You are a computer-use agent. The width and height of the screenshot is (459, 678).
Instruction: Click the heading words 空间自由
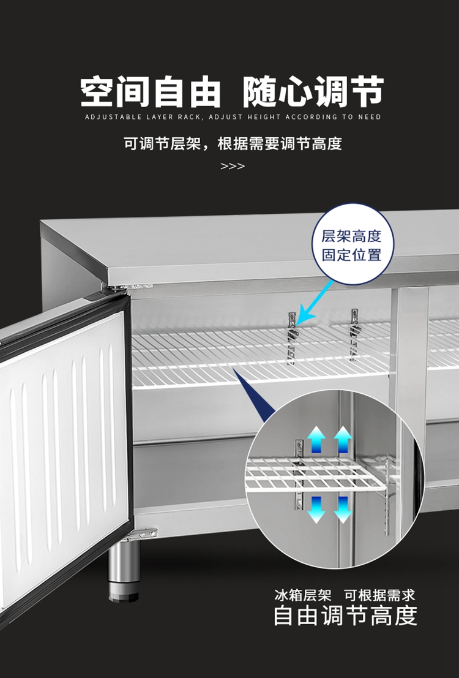click(x=151, y=92)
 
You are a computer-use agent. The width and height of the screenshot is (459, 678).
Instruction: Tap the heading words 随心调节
click(x=313, y=92)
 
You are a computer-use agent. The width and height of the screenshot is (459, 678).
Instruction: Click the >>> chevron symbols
click(x=232, y=167)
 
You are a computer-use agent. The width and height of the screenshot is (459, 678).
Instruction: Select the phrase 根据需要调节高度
click(x=279, y=144)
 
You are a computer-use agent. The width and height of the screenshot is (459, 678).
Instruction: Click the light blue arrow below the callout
click(x=316, y=304)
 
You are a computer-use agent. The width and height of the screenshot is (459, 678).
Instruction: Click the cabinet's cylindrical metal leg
click(x=124, y=570)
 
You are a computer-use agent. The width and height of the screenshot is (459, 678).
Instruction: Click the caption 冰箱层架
click(x=303, y=595)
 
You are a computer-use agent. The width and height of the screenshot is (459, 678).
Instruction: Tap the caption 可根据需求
click(x=379, y=595)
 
